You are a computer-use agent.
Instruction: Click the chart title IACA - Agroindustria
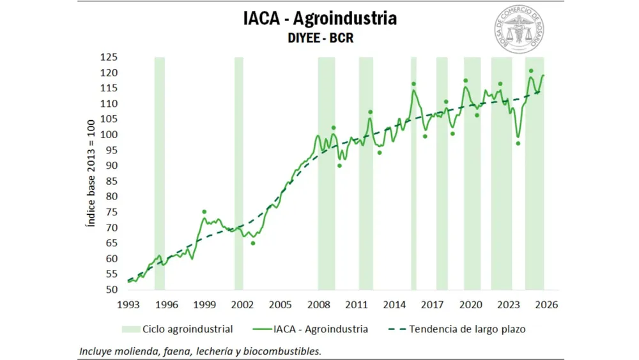319,18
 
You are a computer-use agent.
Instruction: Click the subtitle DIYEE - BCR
319,38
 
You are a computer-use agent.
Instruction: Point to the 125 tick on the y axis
108,58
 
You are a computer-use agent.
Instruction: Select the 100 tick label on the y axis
108,135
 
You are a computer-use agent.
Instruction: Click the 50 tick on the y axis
111,290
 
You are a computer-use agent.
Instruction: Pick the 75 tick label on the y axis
111,212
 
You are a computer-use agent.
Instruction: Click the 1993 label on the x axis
128,305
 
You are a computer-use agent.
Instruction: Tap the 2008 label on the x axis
319,305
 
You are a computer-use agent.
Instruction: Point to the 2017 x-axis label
433,305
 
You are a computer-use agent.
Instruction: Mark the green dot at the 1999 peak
204,212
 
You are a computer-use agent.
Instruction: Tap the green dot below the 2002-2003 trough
253,243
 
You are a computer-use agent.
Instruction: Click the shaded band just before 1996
159,173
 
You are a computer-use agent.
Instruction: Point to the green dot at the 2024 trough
518,143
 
